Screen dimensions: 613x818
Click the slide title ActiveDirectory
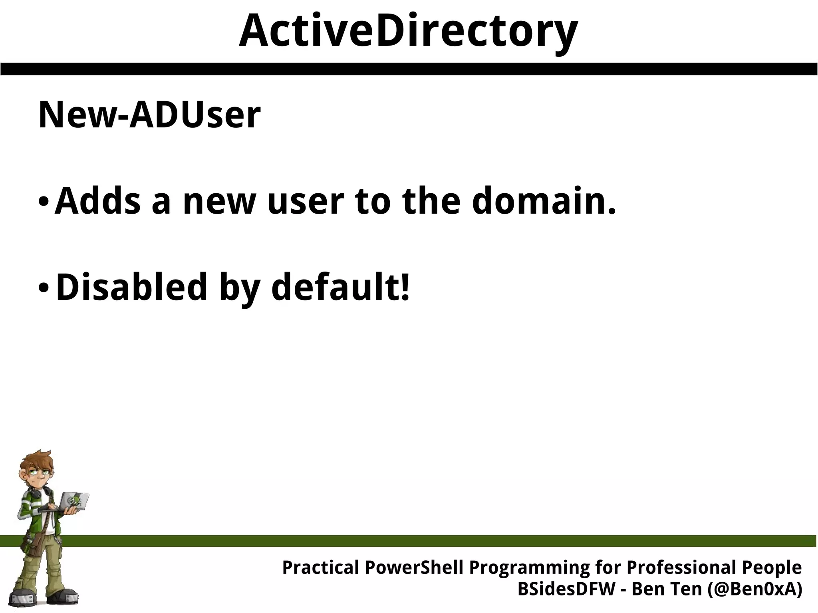[x=408, y=31]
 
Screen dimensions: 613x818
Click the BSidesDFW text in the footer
[x=566, y=589]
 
